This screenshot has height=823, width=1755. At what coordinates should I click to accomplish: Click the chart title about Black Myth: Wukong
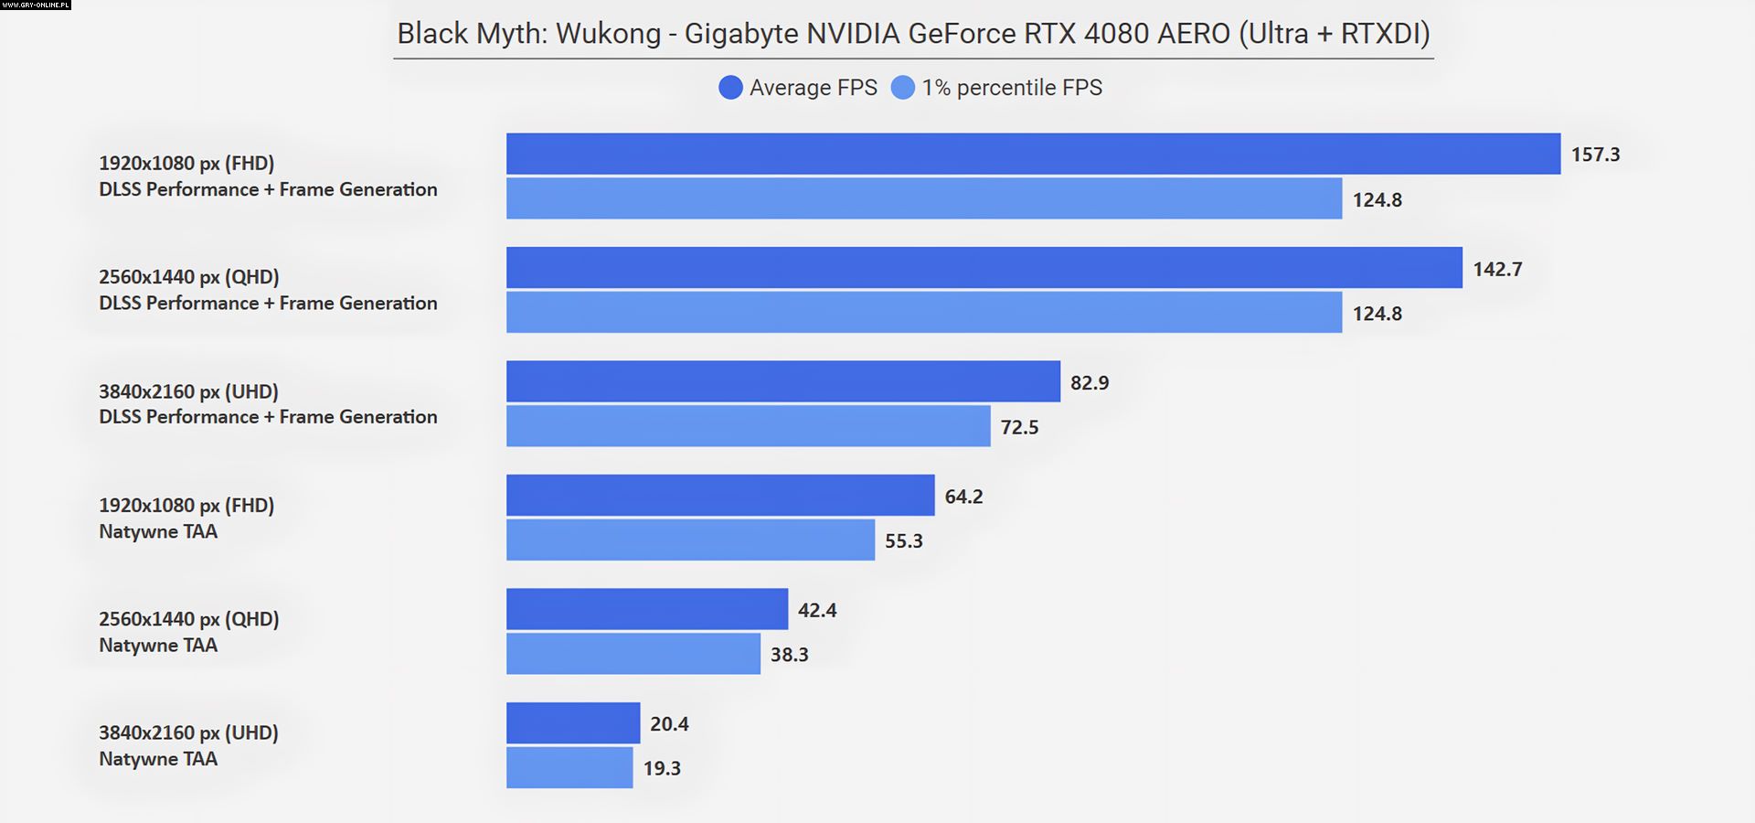tap(913, 34)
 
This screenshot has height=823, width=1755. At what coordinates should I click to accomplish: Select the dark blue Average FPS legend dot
tap(730, 88)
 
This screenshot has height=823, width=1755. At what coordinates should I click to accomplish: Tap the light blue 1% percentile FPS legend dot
tap(902, 88)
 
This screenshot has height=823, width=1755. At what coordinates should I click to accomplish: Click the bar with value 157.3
tap(1033, 154)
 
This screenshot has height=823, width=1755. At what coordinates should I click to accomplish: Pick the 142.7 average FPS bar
tap(984, 268)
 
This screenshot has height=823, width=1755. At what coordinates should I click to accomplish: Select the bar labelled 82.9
tap(783, 381)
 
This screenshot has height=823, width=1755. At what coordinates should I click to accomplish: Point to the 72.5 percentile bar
tap(748, 426)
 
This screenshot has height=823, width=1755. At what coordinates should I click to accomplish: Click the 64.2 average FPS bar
tap(720, 496)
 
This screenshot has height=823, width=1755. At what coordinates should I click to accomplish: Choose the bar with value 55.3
tap(690, 540)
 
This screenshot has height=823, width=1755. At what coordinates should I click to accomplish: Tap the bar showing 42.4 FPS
tap(647, 609)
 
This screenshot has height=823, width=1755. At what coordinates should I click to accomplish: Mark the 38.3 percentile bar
tap(633, 654)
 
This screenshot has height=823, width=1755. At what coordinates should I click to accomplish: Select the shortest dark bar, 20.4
tap(573, 723)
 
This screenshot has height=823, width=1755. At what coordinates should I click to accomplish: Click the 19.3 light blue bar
tap(569, 767)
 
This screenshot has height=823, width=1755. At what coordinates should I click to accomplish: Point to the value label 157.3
tap(1595, 155)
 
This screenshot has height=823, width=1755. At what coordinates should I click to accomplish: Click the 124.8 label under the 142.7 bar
tap(1377, 314)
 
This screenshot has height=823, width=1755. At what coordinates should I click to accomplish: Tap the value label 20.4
tap(669, 724)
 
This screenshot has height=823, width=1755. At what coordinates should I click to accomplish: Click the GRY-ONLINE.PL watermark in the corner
tap(36, 5)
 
